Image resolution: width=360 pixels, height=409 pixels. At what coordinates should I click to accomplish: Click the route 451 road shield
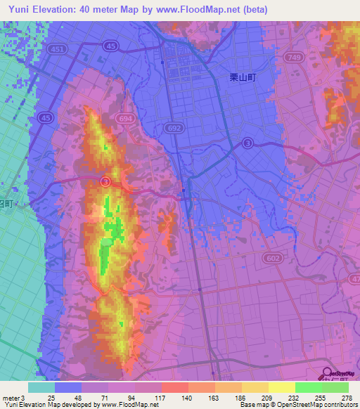[58, 49]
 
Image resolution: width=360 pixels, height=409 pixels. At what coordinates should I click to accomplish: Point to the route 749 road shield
[295, 56]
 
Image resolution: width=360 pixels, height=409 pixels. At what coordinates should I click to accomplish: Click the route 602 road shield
[273, 260]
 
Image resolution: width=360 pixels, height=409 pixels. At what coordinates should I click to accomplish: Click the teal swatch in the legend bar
[41, 387]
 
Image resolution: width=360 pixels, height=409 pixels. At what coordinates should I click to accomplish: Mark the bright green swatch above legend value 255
[308, 387]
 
